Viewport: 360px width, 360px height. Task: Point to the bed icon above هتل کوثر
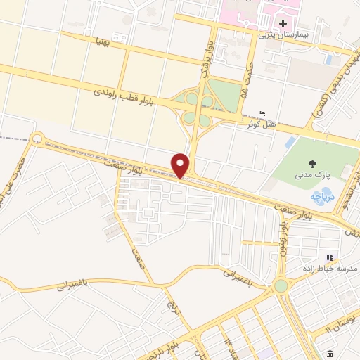tap(263, 114)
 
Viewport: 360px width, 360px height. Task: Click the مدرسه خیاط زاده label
tap(333, 269)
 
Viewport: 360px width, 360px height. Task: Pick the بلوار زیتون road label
tap(283, 239)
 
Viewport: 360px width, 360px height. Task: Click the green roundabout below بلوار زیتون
tap(281, 286)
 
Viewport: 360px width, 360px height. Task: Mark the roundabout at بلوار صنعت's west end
tap(37, 139)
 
